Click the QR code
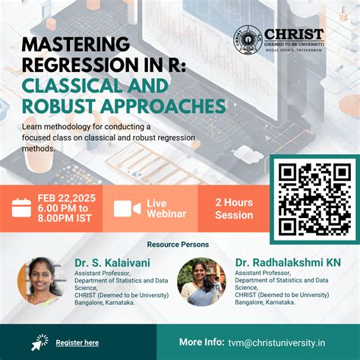(x=313, y=198)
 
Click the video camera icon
(x=127, y=208)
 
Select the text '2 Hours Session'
(x=234, y=208)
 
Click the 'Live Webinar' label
(x=166, y=208)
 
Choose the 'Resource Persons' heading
(x=178, y=245)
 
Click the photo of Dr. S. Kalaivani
(x=42, y=281)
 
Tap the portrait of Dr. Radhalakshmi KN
(x=201, y=282)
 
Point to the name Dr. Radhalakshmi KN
(x=288, y=263)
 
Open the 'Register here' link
(x=77, y=343)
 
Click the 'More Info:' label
(x=201, y=342)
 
